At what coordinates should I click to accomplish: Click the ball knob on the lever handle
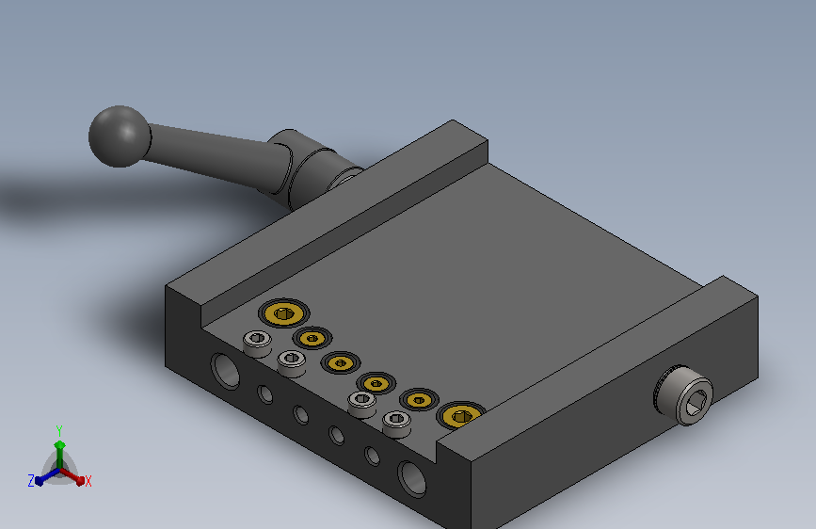[x=120, y=136]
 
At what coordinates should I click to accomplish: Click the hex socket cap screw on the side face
[x=684, y=395]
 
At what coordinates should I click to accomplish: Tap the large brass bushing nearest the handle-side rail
[x=283, y=313]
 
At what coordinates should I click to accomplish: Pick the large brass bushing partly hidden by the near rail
[x=460, y=415]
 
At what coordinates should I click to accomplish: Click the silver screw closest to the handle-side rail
[x=257, y=344]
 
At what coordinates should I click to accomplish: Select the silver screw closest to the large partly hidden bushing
[x=396, y=423]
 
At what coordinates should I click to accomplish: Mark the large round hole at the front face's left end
[x=225, y=371]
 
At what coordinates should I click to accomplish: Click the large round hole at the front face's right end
[x=412, y=478]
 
